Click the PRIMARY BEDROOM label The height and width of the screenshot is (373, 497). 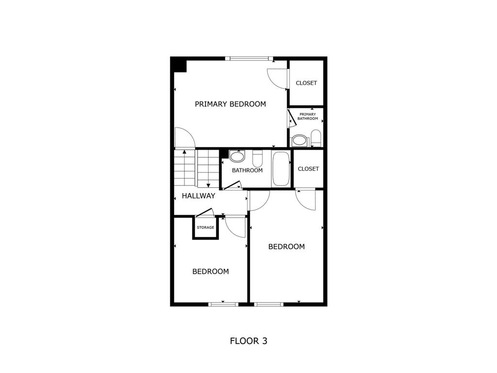[230, 104]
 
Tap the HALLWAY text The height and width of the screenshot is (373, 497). [198, 196]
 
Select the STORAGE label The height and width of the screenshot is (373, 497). [205, 227]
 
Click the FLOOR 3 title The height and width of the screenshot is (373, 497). [248, 341]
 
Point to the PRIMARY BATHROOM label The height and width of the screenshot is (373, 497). [308, 117]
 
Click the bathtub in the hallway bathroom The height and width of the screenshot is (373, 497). [281, 169]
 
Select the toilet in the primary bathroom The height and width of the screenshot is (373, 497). [315, 137]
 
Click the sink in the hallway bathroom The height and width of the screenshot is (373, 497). [237, 156]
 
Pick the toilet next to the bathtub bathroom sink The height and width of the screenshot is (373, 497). [257, 158]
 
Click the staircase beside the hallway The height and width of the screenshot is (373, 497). [196, 168]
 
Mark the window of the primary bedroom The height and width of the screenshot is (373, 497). [249, 59]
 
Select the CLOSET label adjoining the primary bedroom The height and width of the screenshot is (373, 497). [306, 83]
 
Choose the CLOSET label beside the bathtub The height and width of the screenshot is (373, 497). [308, 169]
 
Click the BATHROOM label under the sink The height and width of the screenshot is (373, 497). [247, 170]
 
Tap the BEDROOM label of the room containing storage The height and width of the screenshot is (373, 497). [210, 271]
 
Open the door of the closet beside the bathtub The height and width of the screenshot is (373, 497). [306, 199]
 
